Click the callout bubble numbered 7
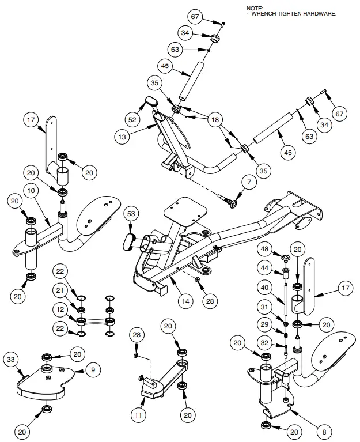click(x=249, y=183)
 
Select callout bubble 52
click(x=133, y=119)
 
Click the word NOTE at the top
click(x=255, y=7)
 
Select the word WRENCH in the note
click(x=268, y=13)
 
